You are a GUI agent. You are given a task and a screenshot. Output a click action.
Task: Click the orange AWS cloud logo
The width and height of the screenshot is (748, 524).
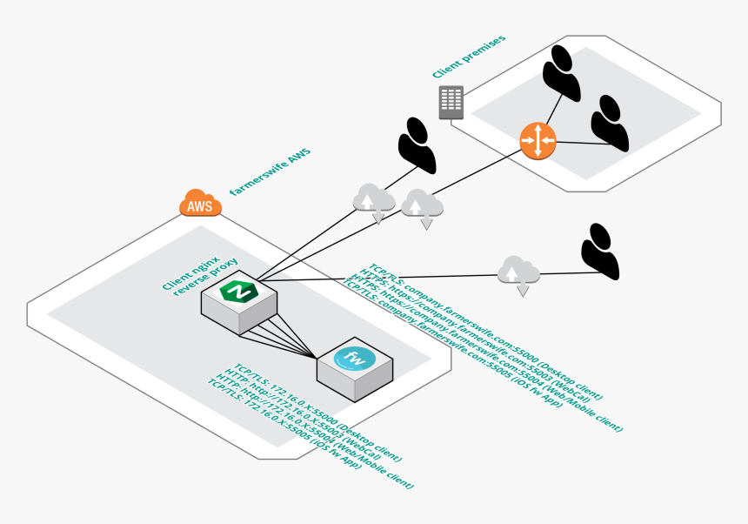click(x=200, y=205)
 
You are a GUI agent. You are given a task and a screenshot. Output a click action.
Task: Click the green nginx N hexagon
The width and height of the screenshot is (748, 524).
click(x=238, y=292)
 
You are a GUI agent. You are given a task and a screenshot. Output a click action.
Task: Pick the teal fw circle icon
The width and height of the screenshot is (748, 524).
click(x=357, y=359)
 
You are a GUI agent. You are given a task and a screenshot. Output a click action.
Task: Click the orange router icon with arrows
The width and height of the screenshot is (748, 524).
click(x=538, y=141)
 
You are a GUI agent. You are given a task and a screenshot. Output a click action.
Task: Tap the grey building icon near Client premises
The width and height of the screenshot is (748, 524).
click(x=451, y=102)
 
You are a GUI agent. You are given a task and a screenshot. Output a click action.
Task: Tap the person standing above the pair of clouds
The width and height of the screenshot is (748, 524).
click(x=417, y=144)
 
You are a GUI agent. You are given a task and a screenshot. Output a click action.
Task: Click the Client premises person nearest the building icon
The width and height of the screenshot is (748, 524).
click(x=561, y=71)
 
